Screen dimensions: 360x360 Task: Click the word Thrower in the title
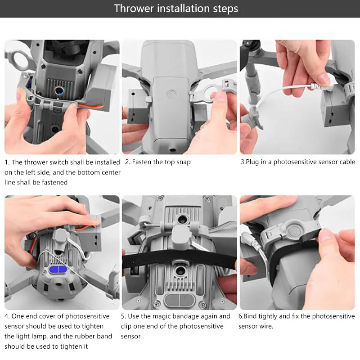[134, 9]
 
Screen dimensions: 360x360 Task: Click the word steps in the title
[225, 9]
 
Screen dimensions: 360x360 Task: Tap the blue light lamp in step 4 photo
[58, 270]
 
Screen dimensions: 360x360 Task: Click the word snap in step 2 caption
[184, 162]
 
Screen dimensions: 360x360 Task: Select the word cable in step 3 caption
[347, 162]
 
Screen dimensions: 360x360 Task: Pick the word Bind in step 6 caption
[250, 316]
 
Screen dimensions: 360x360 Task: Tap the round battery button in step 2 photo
[171, 94]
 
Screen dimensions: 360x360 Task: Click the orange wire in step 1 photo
[91, 106]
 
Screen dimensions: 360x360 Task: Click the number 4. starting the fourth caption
[7, 316]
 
